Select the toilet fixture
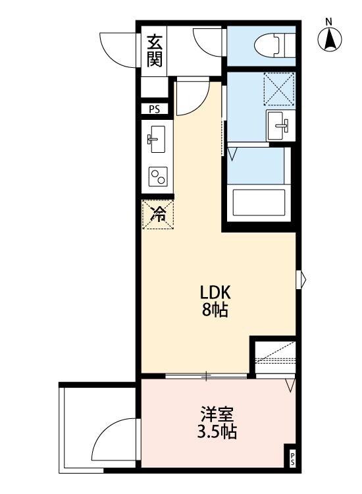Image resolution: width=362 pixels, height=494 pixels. (x=276, y=46)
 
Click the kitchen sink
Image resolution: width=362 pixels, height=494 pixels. (x=157, y=138)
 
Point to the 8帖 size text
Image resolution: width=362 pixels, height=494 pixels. (x=215, y=311)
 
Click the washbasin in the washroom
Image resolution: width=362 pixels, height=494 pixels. (x=278, y=124)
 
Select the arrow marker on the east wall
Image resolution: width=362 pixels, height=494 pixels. (x=302, y=279)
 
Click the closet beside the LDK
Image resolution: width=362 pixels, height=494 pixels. (x=275, y=356)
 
